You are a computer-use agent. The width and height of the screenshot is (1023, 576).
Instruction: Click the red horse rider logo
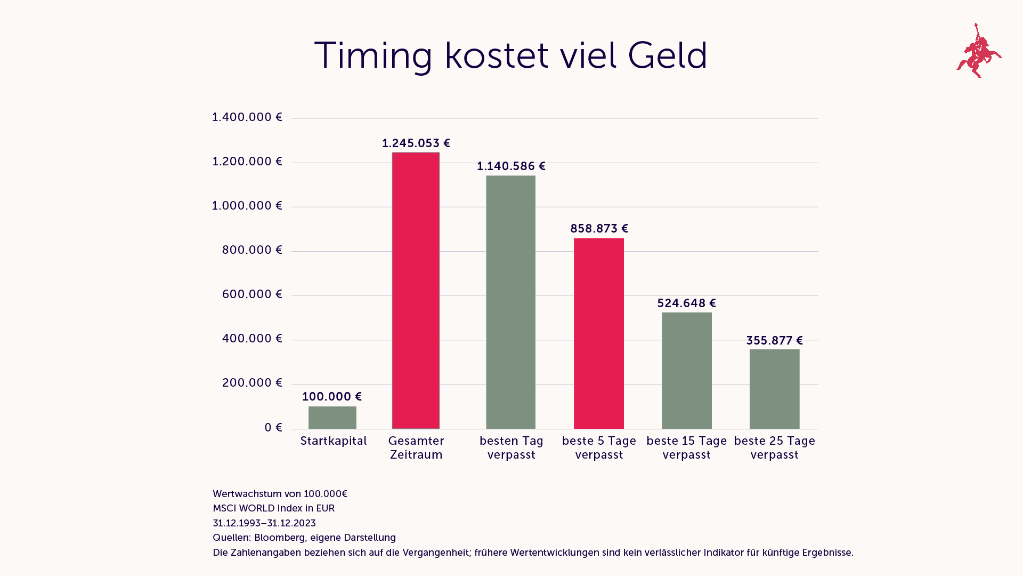point(979,51)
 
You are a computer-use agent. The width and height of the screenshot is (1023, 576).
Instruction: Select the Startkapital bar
point(332,418)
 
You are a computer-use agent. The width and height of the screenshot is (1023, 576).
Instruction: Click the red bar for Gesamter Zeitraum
point(416,291)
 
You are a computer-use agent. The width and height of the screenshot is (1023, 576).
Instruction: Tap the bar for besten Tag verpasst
point(510,302)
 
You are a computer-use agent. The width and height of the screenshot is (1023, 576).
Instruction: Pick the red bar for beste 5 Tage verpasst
point(598,333)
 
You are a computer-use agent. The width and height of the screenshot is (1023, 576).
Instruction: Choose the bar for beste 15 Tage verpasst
point(686,371)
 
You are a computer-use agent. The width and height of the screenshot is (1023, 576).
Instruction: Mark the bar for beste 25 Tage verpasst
point(774,389)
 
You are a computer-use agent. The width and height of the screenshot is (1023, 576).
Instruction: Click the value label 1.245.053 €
point(416,143)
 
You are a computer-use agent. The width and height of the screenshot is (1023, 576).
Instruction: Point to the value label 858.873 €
point(599,229)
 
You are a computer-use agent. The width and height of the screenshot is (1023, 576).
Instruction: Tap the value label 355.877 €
point(774,341)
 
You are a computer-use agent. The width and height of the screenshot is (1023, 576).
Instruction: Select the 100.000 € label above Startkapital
point(331,397)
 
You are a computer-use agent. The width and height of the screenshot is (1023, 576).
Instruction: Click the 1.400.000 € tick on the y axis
point(247,117)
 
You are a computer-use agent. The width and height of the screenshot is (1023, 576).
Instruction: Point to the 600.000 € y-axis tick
point(251,294)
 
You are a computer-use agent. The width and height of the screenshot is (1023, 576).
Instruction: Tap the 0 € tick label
point(273,428)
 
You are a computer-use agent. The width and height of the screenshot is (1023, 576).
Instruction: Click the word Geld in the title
point(667,55)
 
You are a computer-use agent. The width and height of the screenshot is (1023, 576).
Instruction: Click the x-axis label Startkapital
point(333,441)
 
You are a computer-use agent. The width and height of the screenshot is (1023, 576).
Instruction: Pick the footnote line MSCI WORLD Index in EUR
point(273,508)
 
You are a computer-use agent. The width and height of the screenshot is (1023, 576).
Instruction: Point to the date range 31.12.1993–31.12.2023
point(264,523)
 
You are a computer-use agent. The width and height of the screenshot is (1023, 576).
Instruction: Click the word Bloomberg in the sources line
point(279,538)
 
